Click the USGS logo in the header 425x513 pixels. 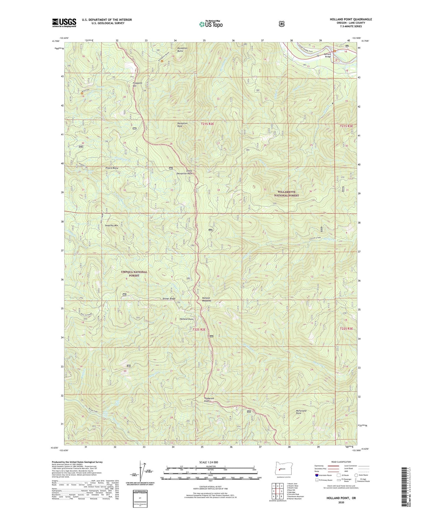tap(64, 23)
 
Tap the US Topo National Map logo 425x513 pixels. tap(211, 24)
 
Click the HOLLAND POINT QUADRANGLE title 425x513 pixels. tap(351, 19)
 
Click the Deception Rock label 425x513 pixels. tap(182, 125)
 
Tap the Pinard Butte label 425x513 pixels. tap(111, 168)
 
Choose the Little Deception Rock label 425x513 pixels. tap(184, 172)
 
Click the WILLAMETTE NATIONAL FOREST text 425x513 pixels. tap(286, 194)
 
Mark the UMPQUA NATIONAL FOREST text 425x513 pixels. tap(134, 274)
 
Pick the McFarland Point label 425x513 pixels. tap(301, 412)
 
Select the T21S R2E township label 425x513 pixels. tap(207, 124)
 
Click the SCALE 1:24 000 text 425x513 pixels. tap(209, 462)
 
